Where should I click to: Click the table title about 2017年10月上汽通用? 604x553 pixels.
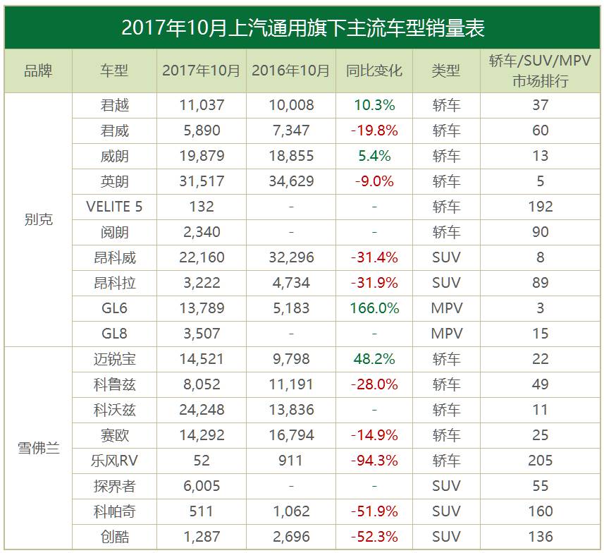[x=302, y=28]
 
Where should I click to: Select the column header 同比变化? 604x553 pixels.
[x=374, y=71]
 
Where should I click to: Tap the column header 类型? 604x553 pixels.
[x=446, y=71]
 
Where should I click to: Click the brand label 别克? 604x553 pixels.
[x=38, y=219]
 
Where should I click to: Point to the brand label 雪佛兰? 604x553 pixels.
[x=38, y=448]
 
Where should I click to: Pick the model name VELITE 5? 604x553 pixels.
[x=114, y=207]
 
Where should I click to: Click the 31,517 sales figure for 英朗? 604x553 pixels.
[x=201, y=181]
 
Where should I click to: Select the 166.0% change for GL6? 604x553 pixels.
[x=374, y=308]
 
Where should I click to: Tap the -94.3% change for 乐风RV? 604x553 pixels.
[x=374, y=461]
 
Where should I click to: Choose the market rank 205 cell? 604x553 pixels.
[x=541, y=461]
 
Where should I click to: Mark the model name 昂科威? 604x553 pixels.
[x=114, y=257]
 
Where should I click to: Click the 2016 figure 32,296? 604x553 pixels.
[x=290, y=257]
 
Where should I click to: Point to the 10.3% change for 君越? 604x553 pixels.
[x=374, y=105]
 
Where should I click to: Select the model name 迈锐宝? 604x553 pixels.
[x=114, y=359]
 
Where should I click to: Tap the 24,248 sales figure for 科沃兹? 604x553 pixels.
[x=201, y=410]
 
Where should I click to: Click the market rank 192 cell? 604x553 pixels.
[x=541, y=207]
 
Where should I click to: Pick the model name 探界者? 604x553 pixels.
[x=114, y=486]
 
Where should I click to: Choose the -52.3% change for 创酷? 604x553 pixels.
[x=374, y=537]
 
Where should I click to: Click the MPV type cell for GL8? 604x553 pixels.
[x=446, y=334]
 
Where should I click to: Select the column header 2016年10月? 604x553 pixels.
[x=290, y=71]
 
